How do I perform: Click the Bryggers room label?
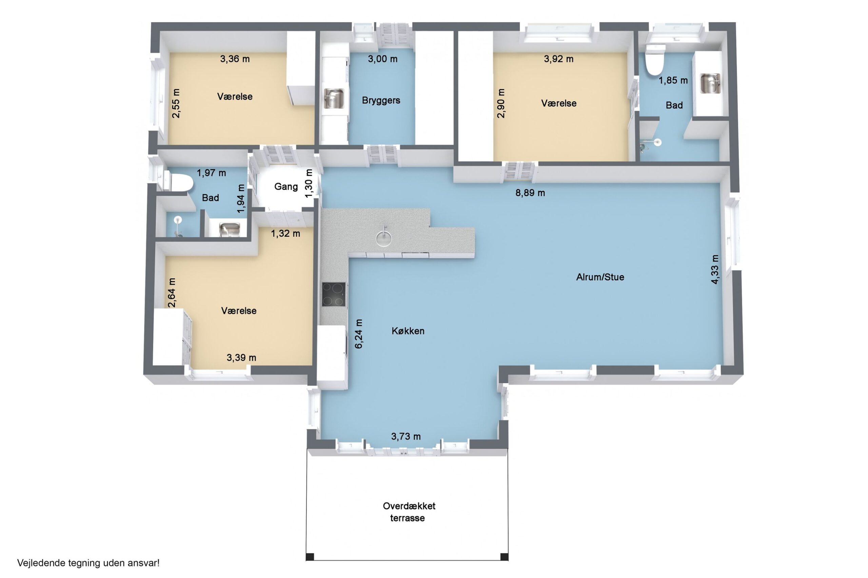pos(381,100)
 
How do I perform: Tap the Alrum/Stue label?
pos(600,277)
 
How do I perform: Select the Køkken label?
pos(408,331)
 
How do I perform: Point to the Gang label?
pos(286,187)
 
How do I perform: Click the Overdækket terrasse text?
pos(409,512)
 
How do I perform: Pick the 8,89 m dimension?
pos(530,193)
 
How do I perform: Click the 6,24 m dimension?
pos(359,334)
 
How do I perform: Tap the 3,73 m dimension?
pos(406,436)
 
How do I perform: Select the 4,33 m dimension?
pos(714,269)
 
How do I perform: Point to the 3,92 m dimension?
pos(558,59)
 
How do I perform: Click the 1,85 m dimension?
pos(673,80)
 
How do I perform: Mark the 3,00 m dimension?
pos(382,59)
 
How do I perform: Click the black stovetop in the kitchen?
pos(334,294)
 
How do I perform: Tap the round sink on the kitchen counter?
pos(383,238)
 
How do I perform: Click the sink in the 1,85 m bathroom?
pos(710,83)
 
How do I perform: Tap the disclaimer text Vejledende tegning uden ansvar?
pos(88,563)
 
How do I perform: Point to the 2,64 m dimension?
pos(172,292)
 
